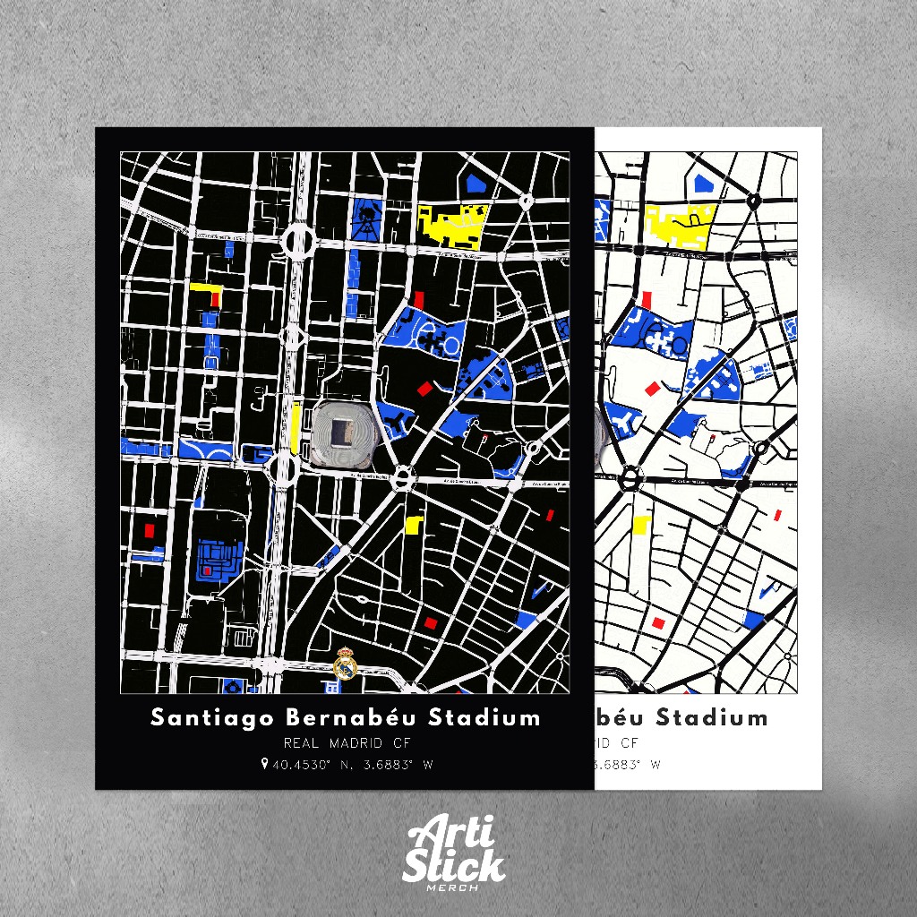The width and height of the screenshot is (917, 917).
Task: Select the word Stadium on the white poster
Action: click(712, 718)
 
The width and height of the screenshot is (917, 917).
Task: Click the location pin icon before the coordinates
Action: click(264, 765)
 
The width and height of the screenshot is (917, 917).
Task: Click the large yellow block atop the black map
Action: click(453, 225)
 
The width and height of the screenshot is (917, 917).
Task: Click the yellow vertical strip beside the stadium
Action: click(296, 428)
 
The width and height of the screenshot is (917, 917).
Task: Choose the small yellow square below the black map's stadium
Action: click(414, 525)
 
